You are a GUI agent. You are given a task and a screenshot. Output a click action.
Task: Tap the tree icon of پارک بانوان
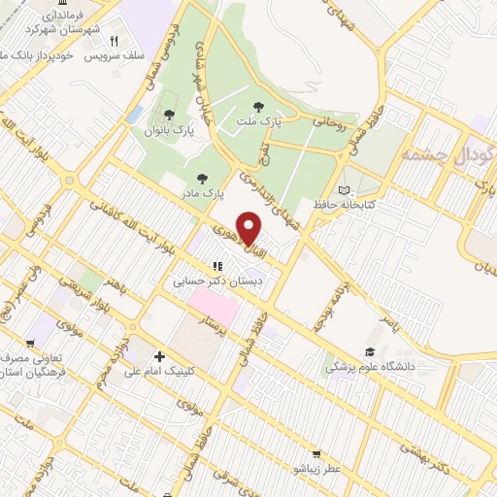coord(170,116)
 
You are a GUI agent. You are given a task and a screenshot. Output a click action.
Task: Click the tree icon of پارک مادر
coord(201,178)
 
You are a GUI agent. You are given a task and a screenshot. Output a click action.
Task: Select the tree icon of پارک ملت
coord(258,107)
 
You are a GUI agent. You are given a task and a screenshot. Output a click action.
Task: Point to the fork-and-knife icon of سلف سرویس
coord(115,41)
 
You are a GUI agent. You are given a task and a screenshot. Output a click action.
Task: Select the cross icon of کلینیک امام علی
coord(159,356)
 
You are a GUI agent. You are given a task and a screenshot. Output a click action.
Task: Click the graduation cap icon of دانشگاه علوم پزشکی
coord(369,352)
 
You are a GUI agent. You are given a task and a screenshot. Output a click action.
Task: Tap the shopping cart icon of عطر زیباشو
coord(315,453)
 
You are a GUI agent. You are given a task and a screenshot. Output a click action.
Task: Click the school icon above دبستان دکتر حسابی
coord(218,266)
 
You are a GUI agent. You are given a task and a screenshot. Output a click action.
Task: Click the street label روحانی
coord(328,123)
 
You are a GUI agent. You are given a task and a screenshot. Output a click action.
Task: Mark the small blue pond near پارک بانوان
coord(134,114)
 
